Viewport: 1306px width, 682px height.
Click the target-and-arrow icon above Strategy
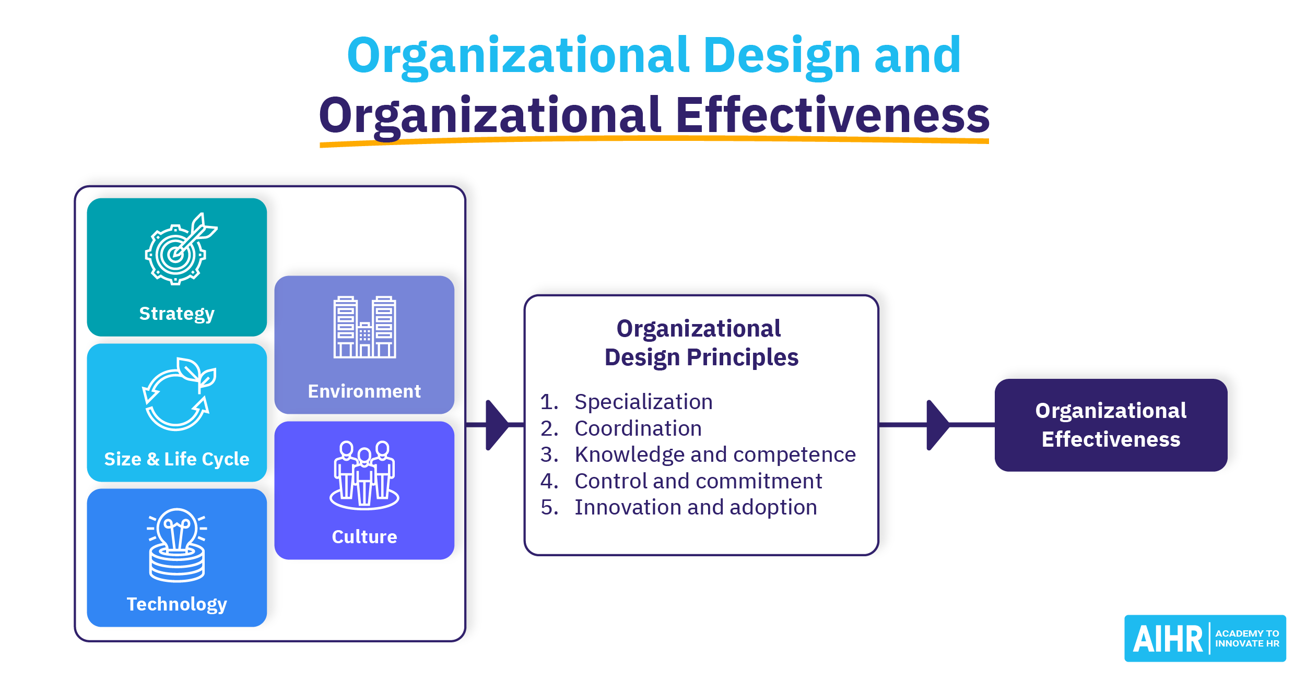click(x=180, y=249)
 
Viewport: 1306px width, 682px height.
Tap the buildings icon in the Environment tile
click(x=364, y=327)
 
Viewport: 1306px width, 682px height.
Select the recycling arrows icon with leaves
click(x=179, y=394)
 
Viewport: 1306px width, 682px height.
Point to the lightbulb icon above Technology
click(x=177, y=545)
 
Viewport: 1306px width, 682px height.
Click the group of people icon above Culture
click(x=364, y=475)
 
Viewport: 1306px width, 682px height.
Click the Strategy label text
click(x=177, y=314)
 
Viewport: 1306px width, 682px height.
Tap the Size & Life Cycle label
click(x=177, y=459)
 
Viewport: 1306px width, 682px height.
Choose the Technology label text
click(x=177, y=604)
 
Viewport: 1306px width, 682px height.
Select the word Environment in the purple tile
click(x=364, y=391)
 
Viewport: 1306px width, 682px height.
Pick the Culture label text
click(x=364, y=536)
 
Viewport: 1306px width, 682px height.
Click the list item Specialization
click(x=643, y=402)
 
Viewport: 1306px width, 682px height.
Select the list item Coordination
click(x=638, y=428)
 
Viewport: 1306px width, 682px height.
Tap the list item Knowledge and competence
click(x=715, y=455)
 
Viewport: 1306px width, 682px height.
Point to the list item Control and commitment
click(x=698, y=481)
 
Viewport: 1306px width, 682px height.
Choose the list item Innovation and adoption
click(x=696, y=507)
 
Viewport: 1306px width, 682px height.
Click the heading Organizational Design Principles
click(x=701, y=343)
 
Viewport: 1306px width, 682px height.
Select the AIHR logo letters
click(x=1168, y=639)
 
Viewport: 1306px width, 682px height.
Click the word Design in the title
click(x=782, y=56)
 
